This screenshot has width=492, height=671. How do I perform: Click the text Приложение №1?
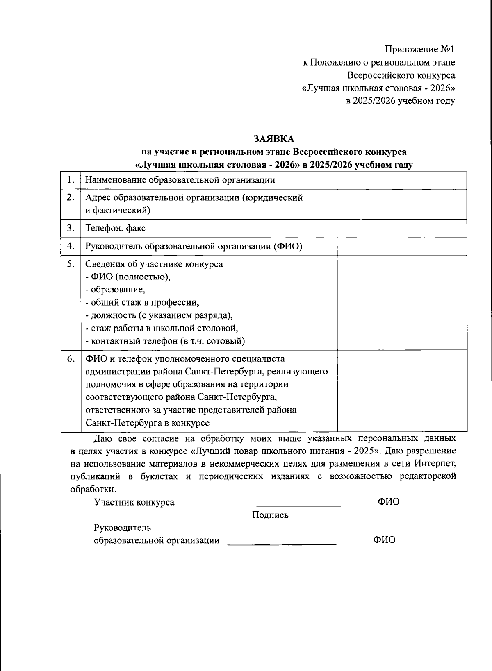click(419, 50)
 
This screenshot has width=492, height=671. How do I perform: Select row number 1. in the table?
click(71, 180)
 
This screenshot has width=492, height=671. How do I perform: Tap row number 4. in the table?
click(71, 246)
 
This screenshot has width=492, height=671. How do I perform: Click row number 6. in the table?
click(71, 359)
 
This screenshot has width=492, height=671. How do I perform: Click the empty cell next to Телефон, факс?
click(401, 229)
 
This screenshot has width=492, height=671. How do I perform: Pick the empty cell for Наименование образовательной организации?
click(401, 180)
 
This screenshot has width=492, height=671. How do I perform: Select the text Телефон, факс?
click(115, 228)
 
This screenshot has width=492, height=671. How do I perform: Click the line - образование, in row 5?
click(115, 290)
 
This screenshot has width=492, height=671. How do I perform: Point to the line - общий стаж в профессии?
click(142, 303)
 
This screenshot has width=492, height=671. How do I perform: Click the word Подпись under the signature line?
click(270, 515)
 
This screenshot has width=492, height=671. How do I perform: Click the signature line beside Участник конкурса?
click(298, 506)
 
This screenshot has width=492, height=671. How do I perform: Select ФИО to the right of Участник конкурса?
click(388, 502)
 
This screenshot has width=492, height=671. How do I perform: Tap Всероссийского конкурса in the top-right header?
click(401, 75)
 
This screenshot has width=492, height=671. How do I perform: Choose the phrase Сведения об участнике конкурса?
click(154, 264)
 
